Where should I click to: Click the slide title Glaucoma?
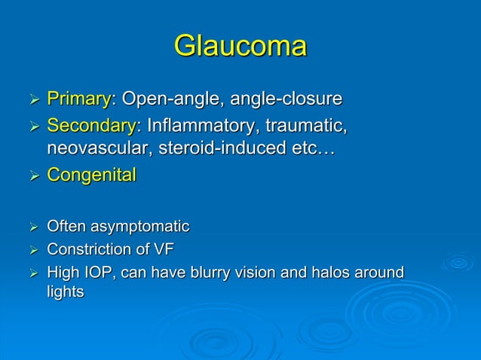pyautogui.click(x=240, y=46)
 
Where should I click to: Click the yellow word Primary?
pyautogui.click(x=78, y=99)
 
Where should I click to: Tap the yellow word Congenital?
pyautogui.click(x=91, y=175)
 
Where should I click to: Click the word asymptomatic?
pyautogui.click(x=139, y=226)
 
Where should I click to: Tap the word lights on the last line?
pyautogui.click(x=66, y=292)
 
